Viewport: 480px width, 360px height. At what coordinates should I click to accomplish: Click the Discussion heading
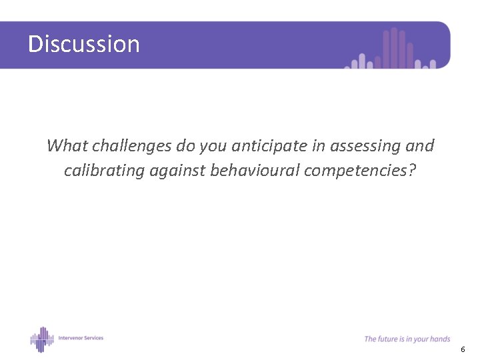point(84,44)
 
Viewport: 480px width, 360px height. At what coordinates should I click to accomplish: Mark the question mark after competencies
point(412,171)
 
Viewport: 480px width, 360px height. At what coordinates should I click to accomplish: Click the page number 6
point(463,349)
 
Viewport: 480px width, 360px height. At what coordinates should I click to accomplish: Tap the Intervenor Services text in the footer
point(80,338)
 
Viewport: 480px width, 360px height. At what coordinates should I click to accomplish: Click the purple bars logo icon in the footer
point(41,339)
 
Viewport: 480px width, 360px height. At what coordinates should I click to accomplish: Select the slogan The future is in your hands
point(407,339)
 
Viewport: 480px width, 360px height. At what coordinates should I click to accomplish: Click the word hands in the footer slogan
point(440,339)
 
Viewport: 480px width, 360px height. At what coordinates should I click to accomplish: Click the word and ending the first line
point(419,145)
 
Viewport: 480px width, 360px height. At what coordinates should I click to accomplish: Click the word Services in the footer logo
point(93,338)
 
